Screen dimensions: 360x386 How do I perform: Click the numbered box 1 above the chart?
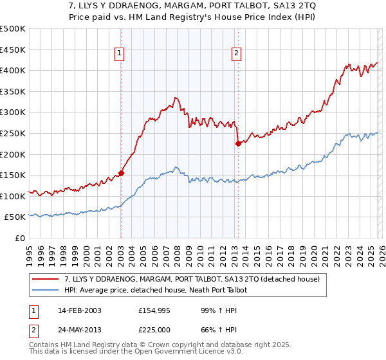click(120, 54)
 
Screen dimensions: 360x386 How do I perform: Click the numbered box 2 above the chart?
click(237, 54)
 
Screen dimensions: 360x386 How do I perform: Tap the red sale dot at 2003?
click(121, 173)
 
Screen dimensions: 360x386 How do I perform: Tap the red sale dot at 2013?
click(237, 143)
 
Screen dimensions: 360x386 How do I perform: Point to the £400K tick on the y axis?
click(13, 71)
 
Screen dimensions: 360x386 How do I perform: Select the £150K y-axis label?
click(13, 175)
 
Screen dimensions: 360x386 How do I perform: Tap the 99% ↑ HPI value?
click(209, 311)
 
